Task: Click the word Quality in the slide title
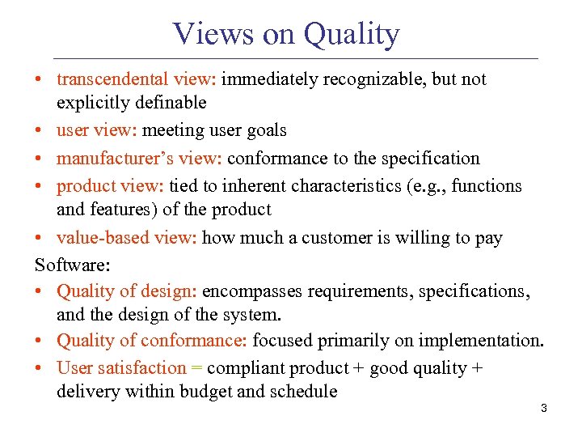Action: pos(351,34)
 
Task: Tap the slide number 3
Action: pos(543,409)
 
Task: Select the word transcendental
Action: pos(108,79)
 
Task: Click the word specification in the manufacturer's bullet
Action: pos(434,159)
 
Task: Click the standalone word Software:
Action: pos(72,265)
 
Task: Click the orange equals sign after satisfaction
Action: pos(196,368)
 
